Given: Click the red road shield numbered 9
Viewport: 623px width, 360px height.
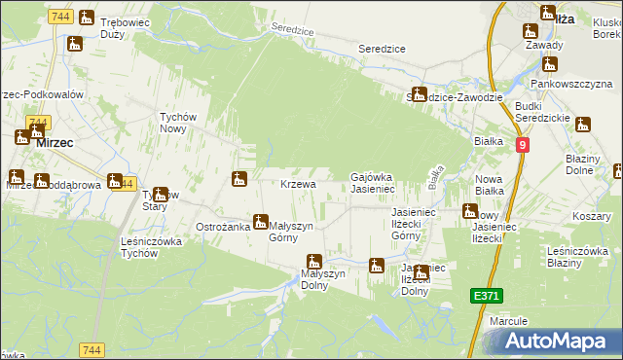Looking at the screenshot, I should (523, 144).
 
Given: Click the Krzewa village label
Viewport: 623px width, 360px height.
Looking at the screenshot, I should (298, 184).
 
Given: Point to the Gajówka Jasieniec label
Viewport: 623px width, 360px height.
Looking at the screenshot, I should (371, 182).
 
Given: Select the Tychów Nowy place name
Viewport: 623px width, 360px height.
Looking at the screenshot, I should (178, 122).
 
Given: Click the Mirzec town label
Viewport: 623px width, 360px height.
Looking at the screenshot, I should (55, 141).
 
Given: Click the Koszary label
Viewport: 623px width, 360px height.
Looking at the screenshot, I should (591, 215).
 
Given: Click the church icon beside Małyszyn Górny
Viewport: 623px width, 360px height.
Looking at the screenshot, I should (259, 222).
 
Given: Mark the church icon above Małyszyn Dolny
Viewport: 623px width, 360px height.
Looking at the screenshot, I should (314, 261).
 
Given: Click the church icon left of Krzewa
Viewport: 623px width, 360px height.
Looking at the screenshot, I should (238, 178).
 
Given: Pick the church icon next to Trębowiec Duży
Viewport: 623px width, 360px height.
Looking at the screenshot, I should (86, 18).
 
